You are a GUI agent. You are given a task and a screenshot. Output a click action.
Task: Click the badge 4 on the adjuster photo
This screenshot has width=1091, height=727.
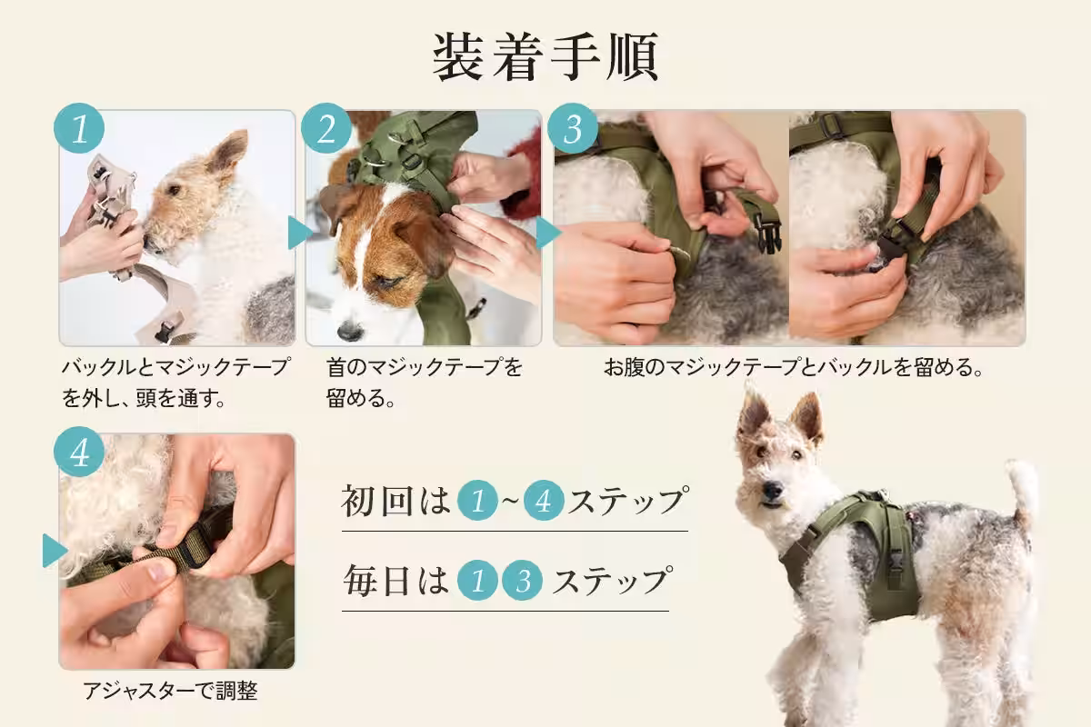(79, 452)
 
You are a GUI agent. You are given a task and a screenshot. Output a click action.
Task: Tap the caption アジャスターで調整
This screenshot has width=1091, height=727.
(170, 692)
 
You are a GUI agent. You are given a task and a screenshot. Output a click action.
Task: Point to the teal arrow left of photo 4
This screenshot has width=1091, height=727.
(54, 551)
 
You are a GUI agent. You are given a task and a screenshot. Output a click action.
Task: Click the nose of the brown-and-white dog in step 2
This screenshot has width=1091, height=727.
(350, 331)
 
